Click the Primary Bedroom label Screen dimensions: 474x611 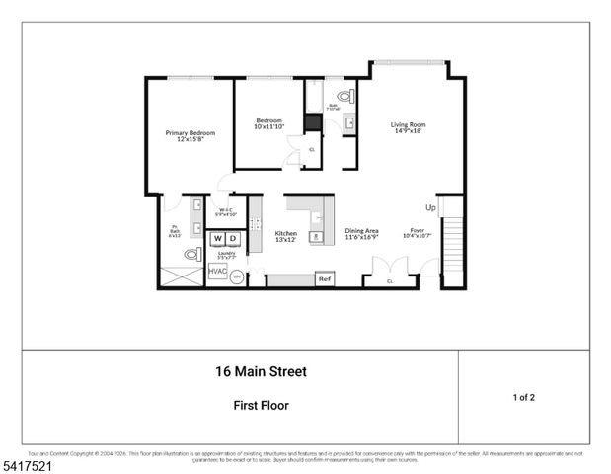click(190, 136)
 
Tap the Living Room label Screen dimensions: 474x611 click(408, 128)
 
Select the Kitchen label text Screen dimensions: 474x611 click(285, 237)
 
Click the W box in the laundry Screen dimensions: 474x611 click(217, 239)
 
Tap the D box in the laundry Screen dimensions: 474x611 click(233, 239)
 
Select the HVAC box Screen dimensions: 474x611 click(217, 271)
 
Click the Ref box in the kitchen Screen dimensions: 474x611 click(324, 280)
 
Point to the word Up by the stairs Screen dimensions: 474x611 click(430, 208)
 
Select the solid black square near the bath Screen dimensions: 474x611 click(312, 122)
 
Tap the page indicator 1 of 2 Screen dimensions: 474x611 click(523, 397)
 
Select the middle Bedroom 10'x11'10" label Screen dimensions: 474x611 click(267, 123)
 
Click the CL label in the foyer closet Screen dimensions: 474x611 click(390, 281)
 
